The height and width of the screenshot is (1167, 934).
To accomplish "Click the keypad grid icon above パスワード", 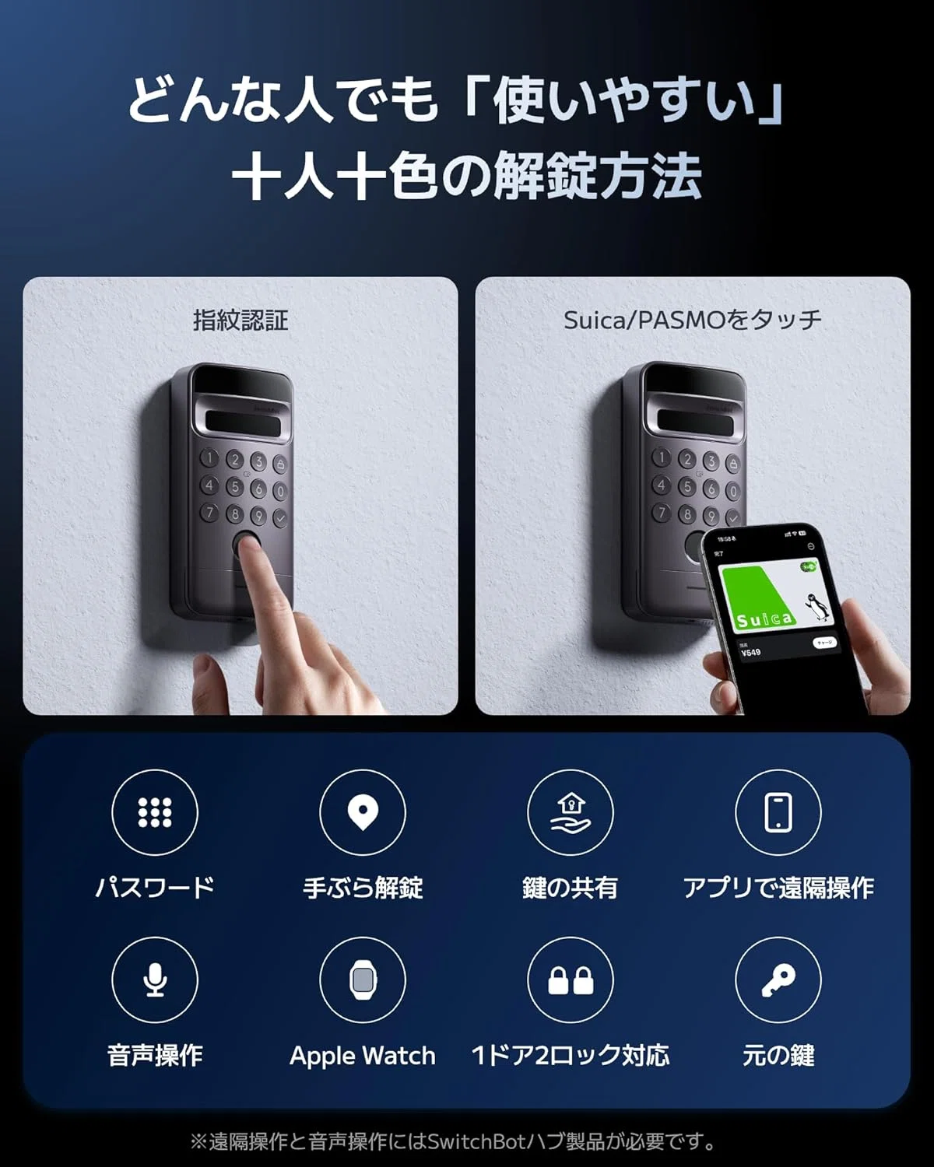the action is tap(155, 812).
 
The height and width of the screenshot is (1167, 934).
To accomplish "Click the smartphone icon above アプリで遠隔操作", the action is tap(778, 812).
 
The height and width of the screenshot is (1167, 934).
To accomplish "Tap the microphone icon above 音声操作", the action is tap(155, 980).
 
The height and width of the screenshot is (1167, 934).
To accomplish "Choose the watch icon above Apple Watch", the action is tap(363, 980).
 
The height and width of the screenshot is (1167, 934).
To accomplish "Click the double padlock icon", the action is tap(571, 980).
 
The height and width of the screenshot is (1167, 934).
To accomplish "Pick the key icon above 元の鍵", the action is tap(778, 980).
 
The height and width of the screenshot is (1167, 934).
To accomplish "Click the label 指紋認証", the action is tap(241, 320).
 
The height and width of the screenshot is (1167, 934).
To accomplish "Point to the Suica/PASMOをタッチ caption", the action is tap(693, 321).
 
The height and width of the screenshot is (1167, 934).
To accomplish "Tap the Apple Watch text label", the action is tap(363, 1056).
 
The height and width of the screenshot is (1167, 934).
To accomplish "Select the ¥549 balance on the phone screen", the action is tap(750, 652).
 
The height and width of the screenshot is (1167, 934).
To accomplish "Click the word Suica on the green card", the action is tap(764, 619).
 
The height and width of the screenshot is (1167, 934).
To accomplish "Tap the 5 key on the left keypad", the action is tap(235, 486).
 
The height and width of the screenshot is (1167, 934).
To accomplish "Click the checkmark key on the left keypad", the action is tap(280, 518).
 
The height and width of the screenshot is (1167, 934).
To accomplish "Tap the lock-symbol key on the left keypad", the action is tap(280, 464).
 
